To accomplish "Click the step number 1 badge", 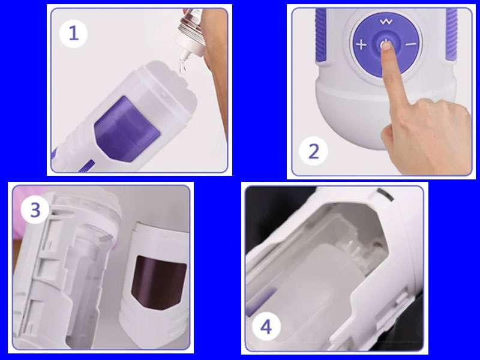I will pyautogui.click(x=74, y=33).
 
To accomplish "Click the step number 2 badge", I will pyautogui.click(x=314, y=151).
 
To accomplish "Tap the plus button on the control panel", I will pyautogui.click(x=361, y=44).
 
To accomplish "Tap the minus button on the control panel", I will pyautogui.click(x=410, y=44).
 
